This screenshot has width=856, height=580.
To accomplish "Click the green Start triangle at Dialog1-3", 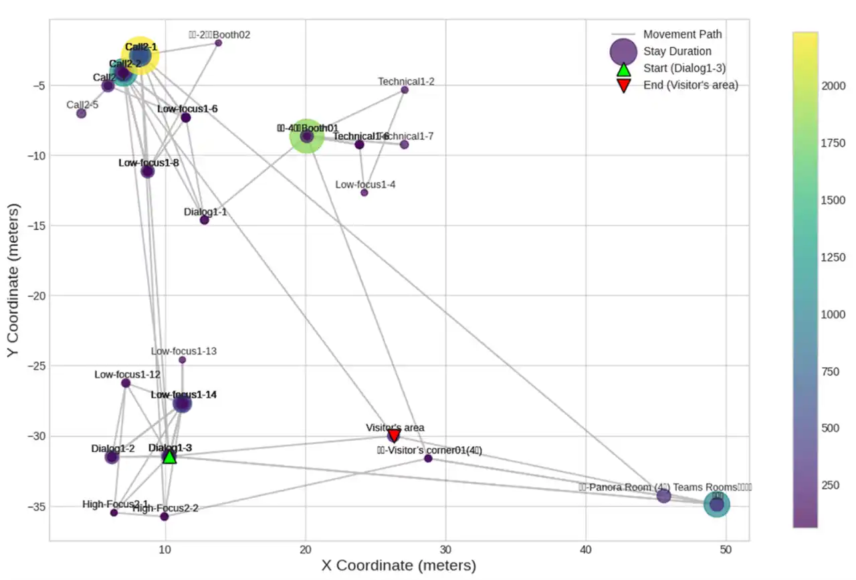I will [170, 456].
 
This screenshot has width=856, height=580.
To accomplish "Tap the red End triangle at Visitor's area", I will [395, 436].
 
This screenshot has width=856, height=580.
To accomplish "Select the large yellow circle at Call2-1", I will [140, 56].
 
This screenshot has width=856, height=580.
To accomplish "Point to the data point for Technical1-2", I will [405, 90].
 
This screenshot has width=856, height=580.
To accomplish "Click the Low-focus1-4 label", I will [365, 185].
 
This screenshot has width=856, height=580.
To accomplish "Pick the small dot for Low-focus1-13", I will [182, 360].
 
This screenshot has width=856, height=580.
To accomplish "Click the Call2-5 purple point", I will [81, 113].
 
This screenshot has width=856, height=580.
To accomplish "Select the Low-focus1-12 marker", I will [126, 383].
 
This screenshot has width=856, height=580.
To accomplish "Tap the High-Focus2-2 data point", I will [165, 516].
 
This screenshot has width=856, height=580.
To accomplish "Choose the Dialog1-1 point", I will [205, 220].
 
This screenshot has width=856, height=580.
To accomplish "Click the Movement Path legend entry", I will [682, 34].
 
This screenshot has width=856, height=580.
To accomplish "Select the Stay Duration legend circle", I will [623, 52].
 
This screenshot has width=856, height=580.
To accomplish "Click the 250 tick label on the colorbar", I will [832, 484].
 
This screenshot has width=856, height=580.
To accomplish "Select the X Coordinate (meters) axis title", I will [399, 565].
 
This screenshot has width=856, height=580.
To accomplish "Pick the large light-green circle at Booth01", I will [307, 136].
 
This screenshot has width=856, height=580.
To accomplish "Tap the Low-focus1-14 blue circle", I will [182, 403].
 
